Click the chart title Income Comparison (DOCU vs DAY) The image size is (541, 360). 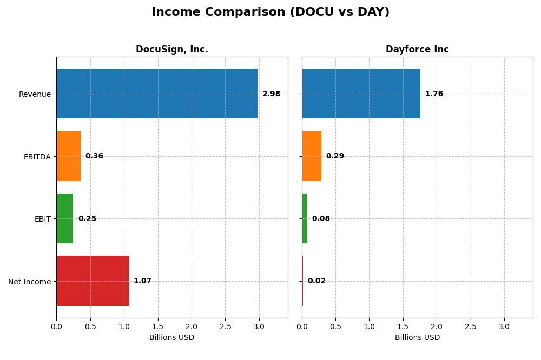pos(270,12)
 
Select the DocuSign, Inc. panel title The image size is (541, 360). pos(171,50)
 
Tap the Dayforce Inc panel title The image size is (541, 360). pos(417,50)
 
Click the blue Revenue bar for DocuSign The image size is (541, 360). pos(157,94)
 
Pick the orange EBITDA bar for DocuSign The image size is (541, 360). pos(68,156)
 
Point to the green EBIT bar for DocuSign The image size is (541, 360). pos(64,218)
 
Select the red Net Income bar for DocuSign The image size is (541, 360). pos(93,281)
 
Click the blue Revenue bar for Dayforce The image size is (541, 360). pos(361,94)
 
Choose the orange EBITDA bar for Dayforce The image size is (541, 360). pos(312,156)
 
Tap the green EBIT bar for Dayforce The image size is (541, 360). pos(305,218)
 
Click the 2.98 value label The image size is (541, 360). pos(271,94)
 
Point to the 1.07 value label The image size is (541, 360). pos(142,281)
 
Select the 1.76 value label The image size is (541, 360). pos(434,94)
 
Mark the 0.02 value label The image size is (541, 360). pos(316,281)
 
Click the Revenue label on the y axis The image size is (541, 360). pos(35,94)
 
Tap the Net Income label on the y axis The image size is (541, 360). pos(29,282)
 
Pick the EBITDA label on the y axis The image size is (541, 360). pos(37,157)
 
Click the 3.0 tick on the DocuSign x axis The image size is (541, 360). pos(259,327)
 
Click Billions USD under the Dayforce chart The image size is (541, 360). pos(417,338)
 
